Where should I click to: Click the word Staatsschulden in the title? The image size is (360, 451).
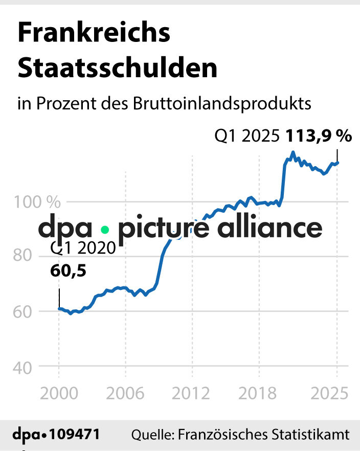pos(118,68)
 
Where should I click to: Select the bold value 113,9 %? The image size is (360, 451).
pos(319,136)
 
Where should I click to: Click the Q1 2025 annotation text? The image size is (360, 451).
pos(247,137)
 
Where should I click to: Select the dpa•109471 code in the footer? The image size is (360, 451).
pos(56,435)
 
